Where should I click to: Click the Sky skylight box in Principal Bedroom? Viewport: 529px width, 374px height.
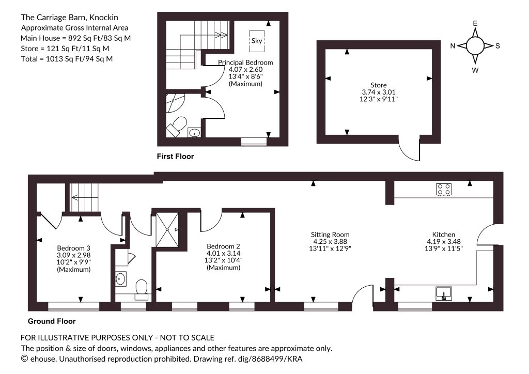click(x=257, y=41)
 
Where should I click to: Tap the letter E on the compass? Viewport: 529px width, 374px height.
click(x=475, y=23)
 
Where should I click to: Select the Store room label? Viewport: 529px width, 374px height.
click(x=379, y=85)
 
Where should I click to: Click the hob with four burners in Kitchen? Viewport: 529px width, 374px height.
click(x=444, y=189)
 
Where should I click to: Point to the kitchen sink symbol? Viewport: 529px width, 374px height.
click(x=444, y=294)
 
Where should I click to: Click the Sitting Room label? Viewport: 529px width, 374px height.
click(x=330, y=235)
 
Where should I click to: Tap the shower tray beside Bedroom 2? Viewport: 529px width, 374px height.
click(x=167, y=229)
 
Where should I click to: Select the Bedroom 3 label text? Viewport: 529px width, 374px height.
click(x=73, y=248)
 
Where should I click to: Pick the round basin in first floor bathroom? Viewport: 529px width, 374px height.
click(x=194, y=133)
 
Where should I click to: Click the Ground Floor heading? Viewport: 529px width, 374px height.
click(x=52, y=321)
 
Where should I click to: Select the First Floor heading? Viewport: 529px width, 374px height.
click(x=176, y=157)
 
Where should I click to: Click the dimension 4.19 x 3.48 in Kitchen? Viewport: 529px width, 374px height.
click(x=444, y=241)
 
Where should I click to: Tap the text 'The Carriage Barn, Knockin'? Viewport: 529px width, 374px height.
click(x=70, y=18)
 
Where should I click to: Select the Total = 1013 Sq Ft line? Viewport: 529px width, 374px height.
click(x=67, y=59)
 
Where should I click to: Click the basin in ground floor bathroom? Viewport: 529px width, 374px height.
click(x=120, y=279)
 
